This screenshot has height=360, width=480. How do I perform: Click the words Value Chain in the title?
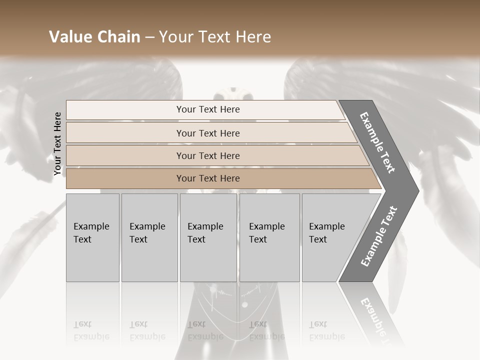(x=94, y=37)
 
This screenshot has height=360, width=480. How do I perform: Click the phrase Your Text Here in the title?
(x=215, y=37)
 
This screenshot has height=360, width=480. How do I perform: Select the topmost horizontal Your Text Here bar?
(x=207, y=109)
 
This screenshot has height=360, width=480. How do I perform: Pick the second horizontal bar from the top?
(x=207, y=133)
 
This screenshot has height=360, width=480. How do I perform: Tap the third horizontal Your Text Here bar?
(x=207, y=155)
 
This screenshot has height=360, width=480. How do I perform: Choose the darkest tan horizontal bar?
(x=207, y=178)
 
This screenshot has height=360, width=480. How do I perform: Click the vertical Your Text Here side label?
(x=57, y=144)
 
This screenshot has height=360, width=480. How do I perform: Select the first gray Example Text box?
(x=92, y=237)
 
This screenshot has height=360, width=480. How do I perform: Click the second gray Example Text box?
(x=149, y=237)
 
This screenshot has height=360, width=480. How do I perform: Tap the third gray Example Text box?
(x=207, y=237)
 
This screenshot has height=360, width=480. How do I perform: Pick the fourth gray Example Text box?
(x=269, y=237)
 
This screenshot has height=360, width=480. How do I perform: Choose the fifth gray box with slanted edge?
(x=330, y=237)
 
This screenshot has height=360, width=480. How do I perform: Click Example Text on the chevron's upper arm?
(x=378, y=142)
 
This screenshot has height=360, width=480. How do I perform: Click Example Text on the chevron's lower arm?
(x=379, y=236)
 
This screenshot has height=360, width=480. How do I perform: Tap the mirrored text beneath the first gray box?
(x=91, y=331)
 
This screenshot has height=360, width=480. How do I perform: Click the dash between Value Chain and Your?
(x=149, y=37)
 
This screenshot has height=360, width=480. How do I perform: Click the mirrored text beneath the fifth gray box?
(x=327, y=331)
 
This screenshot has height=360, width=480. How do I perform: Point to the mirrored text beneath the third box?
(x=205, y=331)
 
